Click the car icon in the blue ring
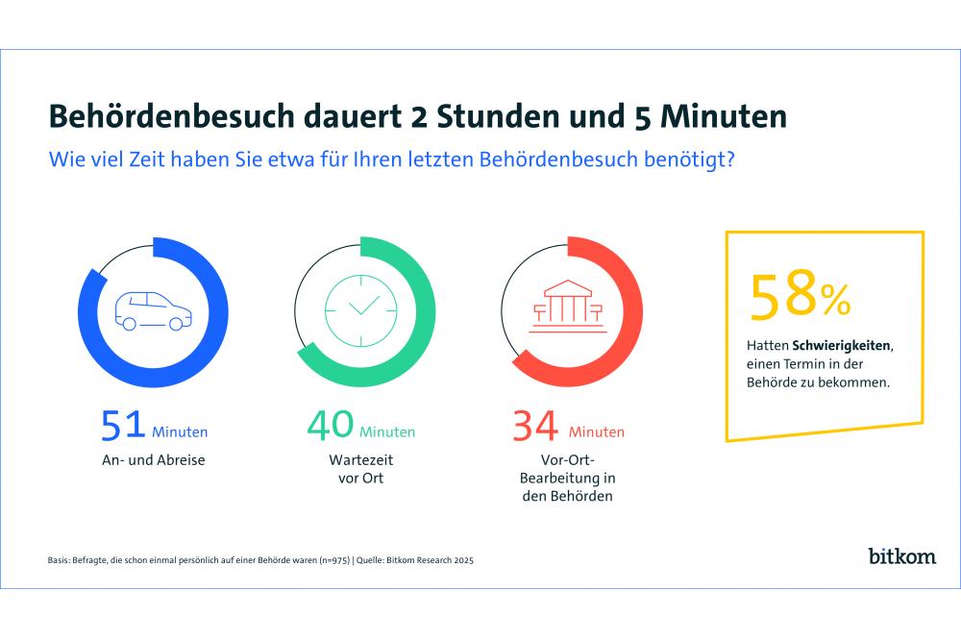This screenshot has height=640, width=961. pos(151,309)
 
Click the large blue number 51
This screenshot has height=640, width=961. pos(123,427)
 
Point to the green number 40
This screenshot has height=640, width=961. pos(330,427)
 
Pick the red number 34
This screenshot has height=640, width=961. pos(535,427)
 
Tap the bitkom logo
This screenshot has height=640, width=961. pos(900,556)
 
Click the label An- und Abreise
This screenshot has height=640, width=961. pos(153,460)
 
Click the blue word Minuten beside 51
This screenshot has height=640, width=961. pos(180,432)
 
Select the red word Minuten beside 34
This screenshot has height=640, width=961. pos(596,432)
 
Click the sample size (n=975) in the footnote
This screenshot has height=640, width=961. pos(333,559)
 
